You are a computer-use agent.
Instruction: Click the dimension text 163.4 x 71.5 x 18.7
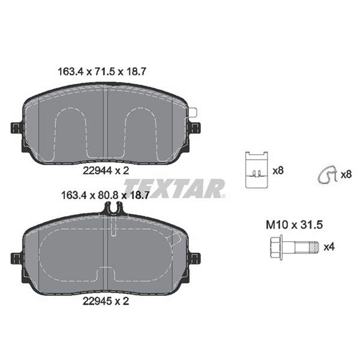pos(102,72)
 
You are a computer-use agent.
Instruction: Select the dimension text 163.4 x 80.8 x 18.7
pos(106,196)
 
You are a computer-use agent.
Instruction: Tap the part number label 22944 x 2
pos(106,170)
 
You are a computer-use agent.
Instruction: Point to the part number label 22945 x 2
pos(106,301)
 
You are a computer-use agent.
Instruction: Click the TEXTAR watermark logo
pos(174,188)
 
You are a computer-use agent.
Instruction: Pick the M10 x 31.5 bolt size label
pos(295,224)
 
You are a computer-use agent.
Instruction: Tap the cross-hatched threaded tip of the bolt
pos(313,247)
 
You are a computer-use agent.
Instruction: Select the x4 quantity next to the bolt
pos(329,247)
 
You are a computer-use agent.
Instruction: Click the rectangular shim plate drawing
pos(256,170)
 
